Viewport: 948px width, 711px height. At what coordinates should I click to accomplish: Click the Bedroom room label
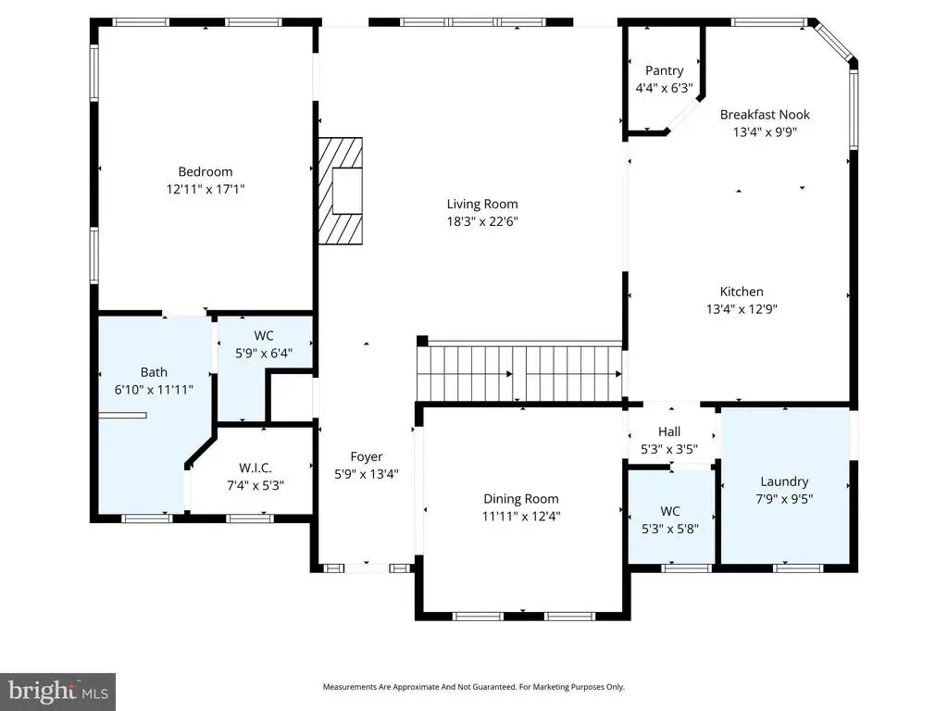tap(205, 171)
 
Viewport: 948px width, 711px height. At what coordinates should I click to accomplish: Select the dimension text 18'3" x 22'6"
tap(482, 221)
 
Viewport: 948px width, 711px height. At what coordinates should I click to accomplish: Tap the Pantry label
tap(665, 70)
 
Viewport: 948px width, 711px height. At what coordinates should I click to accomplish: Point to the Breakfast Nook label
tap(765, 115)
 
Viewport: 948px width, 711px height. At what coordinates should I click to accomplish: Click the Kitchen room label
tap(742, 292)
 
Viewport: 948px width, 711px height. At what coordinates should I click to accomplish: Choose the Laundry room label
tap(784, 481)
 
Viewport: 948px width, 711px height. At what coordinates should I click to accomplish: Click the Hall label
tap(669, 431)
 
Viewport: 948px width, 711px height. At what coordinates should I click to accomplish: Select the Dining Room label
tap(521, 499)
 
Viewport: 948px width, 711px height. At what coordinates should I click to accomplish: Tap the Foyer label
tap(366, 456)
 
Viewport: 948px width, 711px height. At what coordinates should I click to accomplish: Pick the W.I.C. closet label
tap(248, 468)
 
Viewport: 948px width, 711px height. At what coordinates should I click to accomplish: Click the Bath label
tap(154, 373)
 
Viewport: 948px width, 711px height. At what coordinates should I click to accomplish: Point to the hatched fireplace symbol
tap(341, 190)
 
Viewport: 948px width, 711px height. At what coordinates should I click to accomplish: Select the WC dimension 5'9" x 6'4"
tap(264, 352)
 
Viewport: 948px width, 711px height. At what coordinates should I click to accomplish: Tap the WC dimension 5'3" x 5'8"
tap(670, 529)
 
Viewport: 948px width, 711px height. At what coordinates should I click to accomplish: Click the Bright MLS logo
tap(57, 691)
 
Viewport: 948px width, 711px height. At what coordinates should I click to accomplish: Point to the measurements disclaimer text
tap(473, 687)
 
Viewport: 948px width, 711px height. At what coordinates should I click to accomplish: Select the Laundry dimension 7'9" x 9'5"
tap(784, 499)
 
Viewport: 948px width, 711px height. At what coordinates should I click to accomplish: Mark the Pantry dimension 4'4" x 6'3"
tap(665, 88)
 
